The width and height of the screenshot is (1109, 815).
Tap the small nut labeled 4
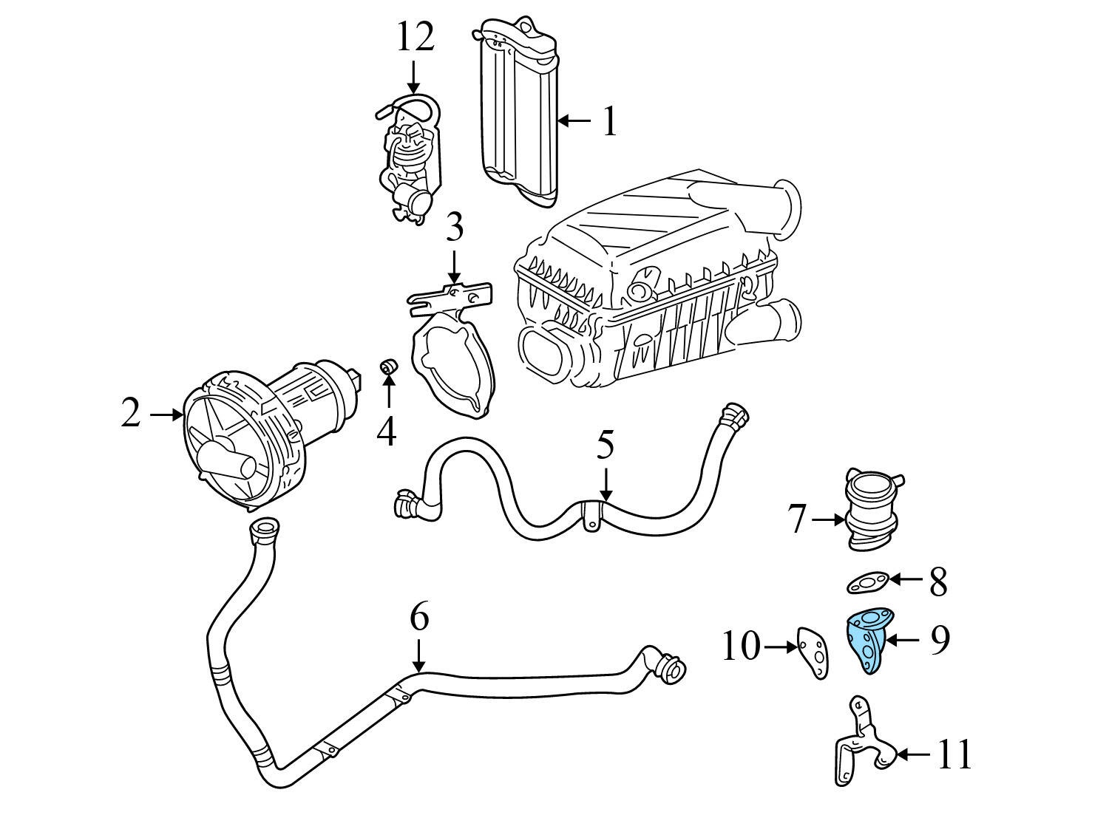(x=388, y=366)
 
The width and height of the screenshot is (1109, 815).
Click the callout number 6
(x=419, y=617)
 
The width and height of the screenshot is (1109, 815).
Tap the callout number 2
(x=131, y=414)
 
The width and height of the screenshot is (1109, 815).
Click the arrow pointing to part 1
(x=574, y=120)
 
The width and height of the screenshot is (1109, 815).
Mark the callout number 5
(x=606, y=446)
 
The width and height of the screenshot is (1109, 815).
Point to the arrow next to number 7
(x=827, y=519)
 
